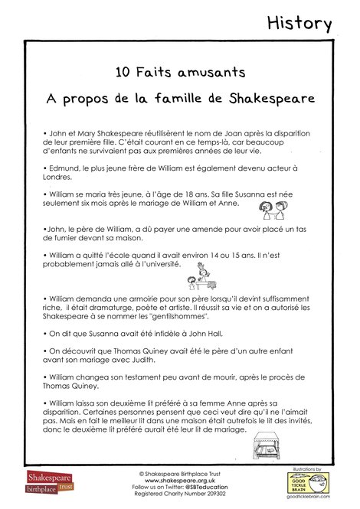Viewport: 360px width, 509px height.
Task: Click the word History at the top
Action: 299,23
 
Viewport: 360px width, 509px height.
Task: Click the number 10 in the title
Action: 123,73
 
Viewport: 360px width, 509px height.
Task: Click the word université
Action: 163,264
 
